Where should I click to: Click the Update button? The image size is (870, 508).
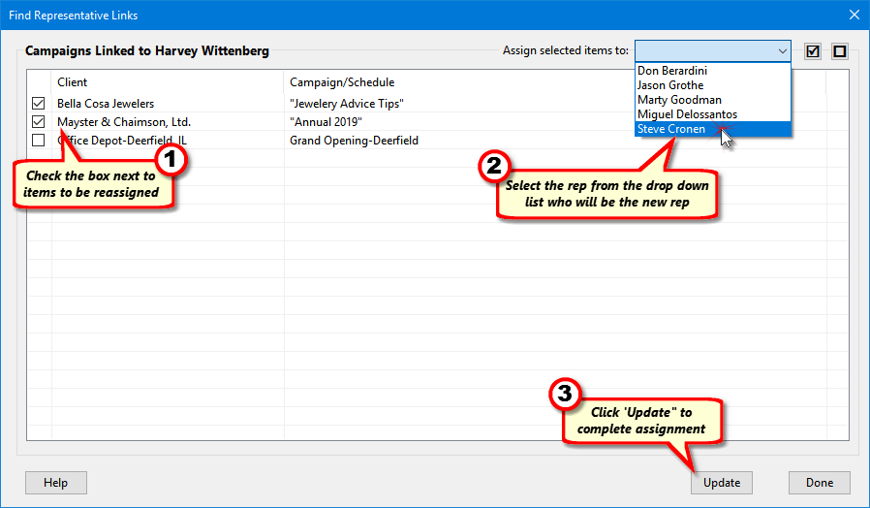tap(722, 483)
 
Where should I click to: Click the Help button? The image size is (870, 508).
tap(56, 483)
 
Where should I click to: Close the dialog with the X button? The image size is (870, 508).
tap(854, 15)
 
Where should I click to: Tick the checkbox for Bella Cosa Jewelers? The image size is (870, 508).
tap(39, 104)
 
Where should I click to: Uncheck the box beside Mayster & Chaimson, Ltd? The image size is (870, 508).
tap(39, 121)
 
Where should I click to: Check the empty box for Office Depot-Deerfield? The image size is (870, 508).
tap(39, 140)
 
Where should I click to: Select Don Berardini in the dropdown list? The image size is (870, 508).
tap(672, 71)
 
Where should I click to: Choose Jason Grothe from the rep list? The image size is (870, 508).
tap(670, 85)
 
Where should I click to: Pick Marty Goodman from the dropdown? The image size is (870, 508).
tap(679, 100)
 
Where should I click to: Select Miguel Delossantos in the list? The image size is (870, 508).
tap(687, 114)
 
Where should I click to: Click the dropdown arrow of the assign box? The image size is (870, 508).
tap(783, 51)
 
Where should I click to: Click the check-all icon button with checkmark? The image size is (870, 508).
tap(813, 51)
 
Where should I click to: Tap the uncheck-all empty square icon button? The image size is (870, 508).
tap(840, 51)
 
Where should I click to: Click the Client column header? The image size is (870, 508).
tap(72, 82)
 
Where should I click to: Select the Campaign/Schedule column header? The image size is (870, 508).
tap(342, 82)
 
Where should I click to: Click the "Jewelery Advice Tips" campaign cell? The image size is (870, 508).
tap(347, 104)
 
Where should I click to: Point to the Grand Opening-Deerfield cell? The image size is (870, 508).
tap(354, 141)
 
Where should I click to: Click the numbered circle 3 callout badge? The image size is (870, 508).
tap(565, 394)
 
